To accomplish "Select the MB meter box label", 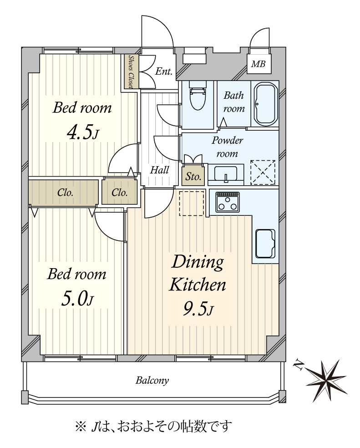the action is pos(259,64).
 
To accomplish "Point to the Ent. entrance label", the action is pos(164,71).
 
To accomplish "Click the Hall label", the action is pos(159,170).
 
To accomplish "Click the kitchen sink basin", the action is pos(265,244).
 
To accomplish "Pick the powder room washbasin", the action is pos(226,174).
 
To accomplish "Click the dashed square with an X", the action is pos(263,172).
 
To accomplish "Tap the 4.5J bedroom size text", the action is pos(83,133).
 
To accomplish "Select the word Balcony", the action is pos(152,381).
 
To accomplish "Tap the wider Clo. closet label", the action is pos(65,192).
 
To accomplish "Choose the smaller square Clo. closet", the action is pos(119,192).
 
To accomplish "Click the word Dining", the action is pos(198,263).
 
